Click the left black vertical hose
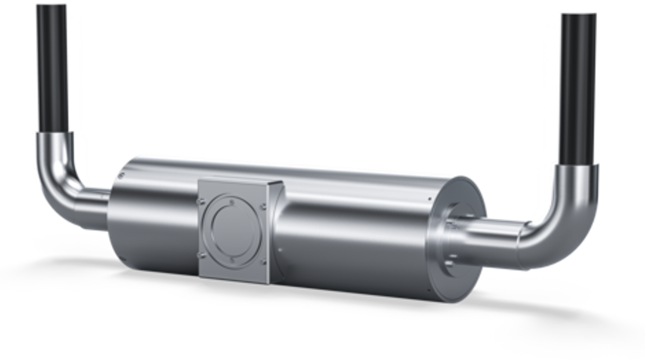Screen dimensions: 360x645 coord(52,68)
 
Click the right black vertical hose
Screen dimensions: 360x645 coord(578,88)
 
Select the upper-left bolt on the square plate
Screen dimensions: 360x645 coord(201,200)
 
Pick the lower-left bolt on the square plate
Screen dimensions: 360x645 coord(201,256)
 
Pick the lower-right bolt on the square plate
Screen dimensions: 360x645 coord(263,263)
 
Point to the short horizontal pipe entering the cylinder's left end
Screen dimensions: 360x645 coord(97,204)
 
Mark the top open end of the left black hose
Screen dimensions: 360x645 coord(51,6)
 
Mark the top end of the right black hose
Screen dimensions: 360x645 coord(578,15)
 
